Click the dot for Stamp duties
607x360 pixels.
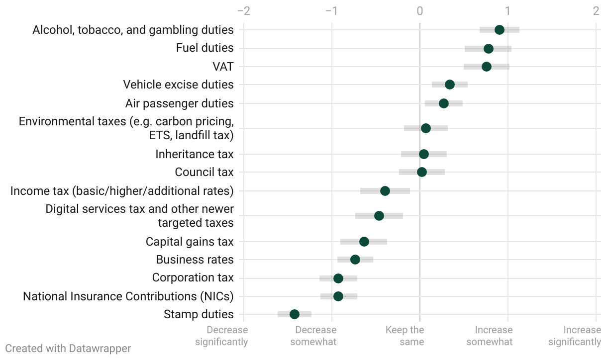tap(295, 314)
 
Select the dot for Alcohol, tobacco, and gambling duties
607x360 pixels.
tap(500, 30)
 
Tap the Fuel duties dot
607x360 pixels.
tap(489, 48)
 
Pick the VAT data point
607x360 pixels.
tap(487, 67)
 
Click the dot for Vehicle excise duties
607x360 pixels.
tap(450, 85)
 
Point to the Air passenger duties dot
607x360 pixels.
tap(444, 103)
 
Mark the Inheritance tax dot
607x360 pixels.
tap(424, 154)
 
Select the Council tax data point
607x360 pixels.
tap(422, 172)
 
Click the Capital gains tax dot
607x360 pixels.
tap(364, 242)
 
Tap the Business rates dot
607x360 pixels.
tap(355, 260)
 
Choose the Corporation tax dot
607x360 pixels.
tap(338, 278)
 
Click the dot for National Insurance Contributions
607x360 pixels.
tap(338, 296)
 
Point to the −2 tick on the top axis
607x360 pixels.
tap(244, 11)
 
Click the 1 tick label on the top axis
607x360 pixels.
tap(507, 11)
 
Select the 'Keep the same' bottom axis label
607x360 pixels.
tap(405, 336)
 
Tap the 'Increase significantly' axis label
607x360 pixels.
tap(575, 336)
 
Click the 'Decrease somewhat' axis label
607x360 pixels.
tap(314, 336)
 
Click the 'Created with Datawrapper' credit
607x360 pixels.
tap(68, 348)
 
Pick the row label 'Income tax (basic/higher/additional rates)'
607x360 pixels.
tap(122, 191)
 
